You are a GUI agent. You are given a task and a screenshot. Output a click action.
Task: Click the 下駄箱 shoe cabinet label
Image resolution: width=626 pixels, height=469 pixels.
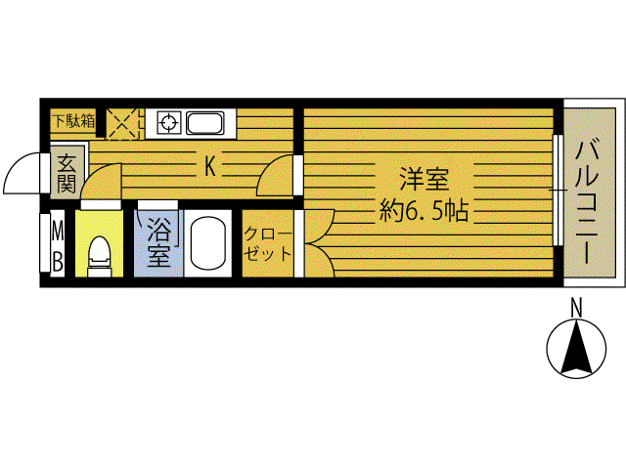[x=74, y=121]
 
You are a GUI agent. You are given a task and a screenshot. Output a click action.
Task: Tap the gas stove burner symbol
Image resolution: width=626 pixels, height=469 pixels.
[x=169, y=122]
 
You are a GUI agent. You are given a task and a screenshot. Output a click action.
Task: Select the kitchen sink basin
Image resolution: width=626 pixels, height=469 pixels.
[x=205, y=123]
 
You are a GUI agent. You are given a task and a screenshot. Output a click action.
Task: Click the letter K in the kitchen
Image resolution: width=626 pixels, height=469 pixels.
[x=210, y=166]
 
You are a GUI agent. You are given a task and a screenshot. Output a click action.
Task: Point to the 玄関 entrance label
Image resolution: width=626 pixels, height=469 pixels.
[x=67, y=173]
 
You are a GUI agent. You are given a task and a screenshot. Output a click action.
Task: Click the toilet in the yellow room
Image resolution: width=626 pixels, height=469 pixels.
[x=99, y=256]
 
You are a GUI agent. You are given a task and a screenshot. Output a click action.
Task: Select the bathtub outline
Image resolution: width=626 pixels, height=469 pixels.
[x=207, y=243]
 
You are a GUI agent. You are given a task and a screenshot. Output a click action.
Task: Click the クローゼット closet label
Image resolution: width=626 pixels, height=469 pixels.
[x=267, y=243]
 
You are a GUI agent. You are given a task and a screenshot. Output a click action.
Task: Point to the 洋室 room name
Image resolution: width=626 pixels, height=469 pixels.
[x=425, y=180]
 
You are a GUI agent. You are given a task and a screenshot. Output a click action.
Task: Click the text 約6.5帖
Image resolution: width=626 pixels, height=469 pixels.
[x=424, y=210]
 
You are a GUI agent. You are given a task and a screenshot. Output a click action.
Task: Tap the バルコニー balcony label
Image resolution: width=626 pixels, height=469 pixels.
[x=587, y=201]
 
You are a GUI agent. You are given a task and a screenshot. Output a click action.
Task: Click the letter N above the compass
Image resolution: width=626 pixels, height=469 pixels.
[x=576, y=308]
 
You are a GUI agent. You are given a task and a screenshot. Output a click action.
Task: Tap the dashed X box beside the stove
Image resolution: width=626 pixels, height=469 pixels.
[x=122, y=124]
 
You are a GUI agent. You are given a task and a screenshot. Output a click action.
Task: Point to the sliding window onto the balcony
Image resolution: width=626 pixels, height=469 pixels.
[x=559, y=191]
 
